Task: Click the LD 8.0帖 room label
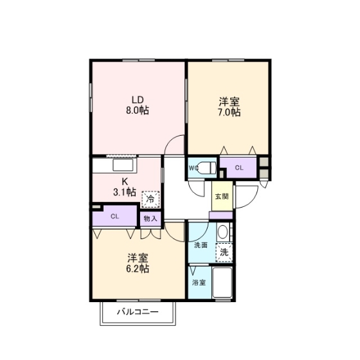(138, 105)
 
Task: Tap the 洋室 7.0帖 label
(229, 107)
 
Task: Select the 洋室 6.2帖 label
(138, 263)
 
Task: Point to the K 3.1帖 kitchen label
(125, 186)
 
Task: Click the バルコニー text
(138, 312)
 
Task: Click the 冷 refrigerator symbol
(150, 199)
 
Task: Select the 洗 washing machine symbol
(224, 253)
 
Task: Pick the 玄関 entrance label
(222, 197)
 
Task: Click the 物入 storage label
(150, 219)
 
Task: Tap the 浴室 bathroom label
(199, 283)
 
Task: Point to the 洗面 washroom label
(201, 245)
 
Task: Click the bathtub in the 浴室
(222, 282)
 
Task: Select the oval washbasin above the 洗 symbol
(222, 232)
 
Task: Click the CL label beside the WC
(239, 168)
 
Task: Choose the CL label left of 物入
(115, 217)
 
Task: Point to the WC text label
(194, 168)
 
